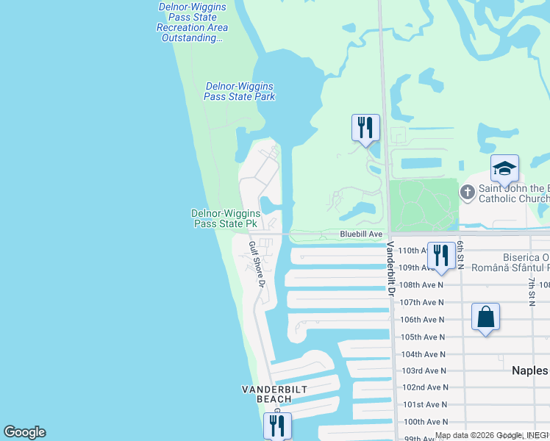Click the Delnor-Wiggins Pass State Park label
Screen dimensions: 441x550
(239, 92)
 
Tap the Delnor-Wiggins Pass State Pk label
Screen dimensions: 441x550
(226, 218)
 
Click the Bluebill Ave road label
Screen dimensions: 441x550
(361, 234)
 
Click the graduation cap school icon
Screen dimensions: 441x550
(504, 168)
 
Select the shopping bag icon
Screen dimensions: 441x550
(485, 317)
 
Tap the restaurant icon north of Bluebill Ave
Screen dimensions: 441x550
(365, 128)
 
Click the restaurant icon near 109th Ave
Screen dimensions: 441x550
(440, 257)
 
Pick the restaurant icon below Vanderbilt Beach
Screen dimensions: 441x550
(277, 426)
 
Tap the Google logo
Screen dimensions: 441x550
(24, 432)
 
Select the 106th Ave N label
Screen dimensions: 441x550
(422, 320)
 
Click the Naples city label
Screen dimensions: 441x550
(530, 370)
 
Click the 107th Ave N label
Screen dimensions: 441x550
(422, 302)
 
